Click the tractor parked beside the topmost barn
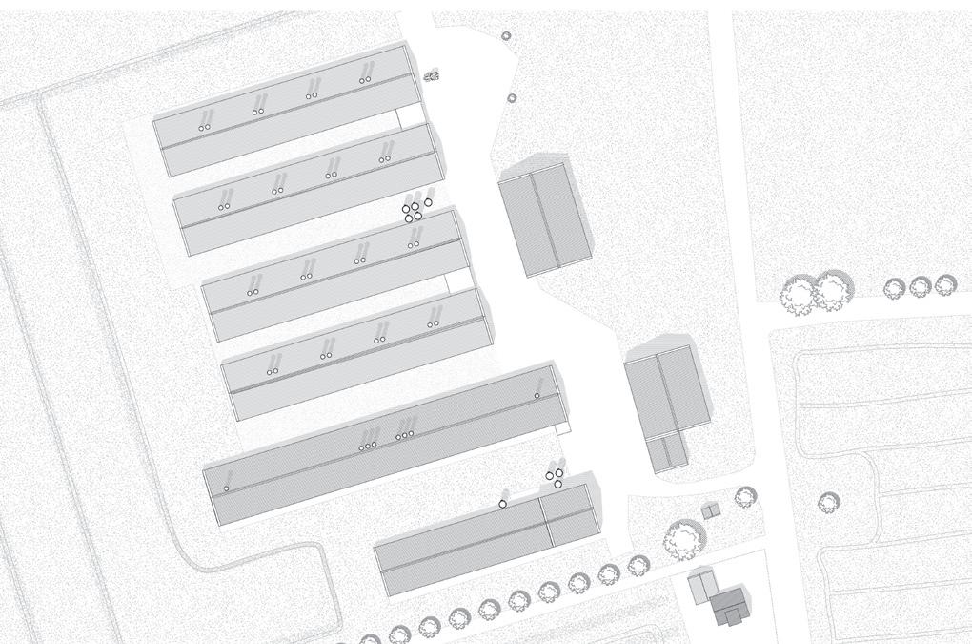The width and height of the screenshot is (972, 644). [432, 74]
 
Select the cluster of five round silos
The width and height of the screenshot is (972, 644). [415, 209]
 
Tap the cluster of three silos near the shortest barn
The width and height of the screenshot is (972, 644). [555, 475]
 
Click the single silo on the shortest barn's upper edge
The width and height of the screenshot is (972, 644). [503, 504]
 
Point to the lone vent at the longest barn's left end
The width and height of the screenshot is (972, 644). [227, 488]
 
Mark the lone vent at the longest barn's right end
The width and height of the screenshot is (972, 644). [537, 395]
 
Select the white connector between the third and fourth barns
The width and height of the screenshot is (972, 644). [459, 280]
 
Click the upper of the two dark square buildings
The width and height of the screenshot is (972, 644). [544, 218]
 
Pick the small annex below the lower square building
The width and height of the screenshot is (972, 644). [668, 451]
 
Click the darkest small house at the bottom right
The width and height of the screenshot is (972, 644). [730, 606]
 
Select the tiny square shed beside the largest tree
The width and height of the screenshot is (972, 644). [710, 512]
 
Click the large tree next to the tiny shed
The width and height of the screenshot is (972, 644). [683, 539]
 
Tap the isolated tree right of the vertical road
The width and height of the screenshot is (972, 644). [828, 501]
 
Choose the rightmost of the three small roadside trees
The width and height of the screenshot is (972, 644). [944, 284]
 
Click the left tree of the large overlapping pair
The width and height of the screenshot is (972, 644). [797, 297]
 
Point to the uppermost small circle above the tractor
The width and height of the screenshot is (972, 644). [506, 36]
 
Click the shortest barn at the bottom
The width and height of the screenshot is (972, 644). [486, 540]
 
